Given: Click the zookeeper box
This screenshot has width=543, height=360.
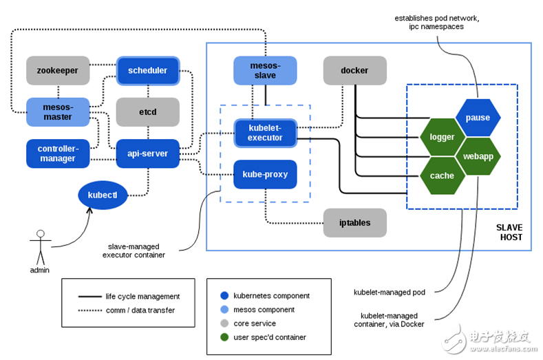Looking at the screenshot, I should point(58,70).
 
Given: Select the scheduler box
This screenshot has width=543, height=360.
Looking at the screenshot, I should point(148,70).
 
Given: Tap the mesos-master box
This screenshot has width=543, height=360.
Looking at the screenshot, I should point(58,112).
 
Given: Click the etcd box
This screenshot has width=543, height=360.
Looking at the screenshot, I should point(147,112).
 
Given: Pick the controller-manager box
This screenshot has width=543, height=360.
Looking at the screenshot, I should point(58,153).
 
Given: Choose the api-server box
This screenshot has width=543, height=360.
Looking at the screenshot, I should point(147,153).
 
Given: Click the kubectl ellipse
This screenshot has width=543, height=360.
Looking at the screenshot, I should point(103,195).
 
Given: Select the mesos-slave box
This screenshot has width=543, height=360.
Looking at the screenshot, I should point(265,70).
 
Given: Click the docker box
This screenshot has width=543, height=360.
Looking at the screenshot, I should point(354,70).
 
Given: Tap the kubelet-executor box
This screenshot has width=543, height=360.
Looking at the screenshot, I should point(265,133).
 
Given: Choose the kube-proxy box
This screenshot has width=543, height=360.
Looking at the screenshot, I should point(265,174).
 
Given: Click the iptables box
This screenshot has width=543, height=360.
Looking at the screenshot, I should point(354,222).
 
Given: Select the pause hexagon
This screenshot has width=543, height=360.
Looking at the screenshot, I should point(478,118).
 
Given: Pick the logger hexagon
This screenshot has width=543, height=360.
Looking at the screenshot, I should point(442,137).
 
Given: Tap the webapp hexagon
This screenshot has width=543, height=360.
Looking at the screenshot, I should point(478,156).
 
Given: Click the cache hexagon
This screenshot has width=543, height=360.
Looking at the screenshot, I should point(442,176).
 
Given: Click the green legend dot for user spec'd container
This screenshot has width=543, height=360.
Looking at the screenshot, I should point(225,337).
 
